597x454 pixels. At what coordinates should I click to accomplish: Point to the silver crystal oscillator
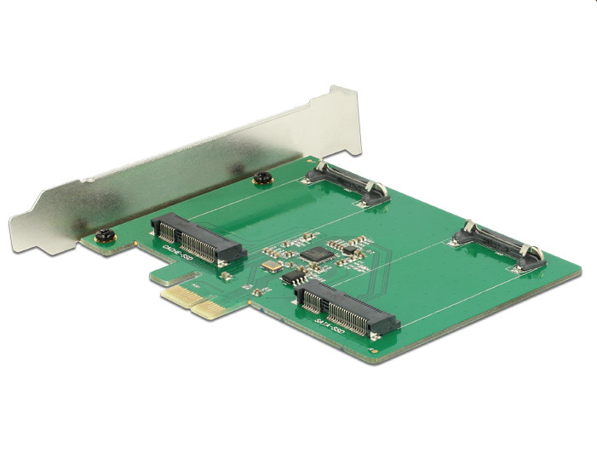271,267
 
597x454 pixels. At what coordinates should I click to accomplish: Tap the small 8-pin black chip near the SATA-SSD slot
294,278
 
